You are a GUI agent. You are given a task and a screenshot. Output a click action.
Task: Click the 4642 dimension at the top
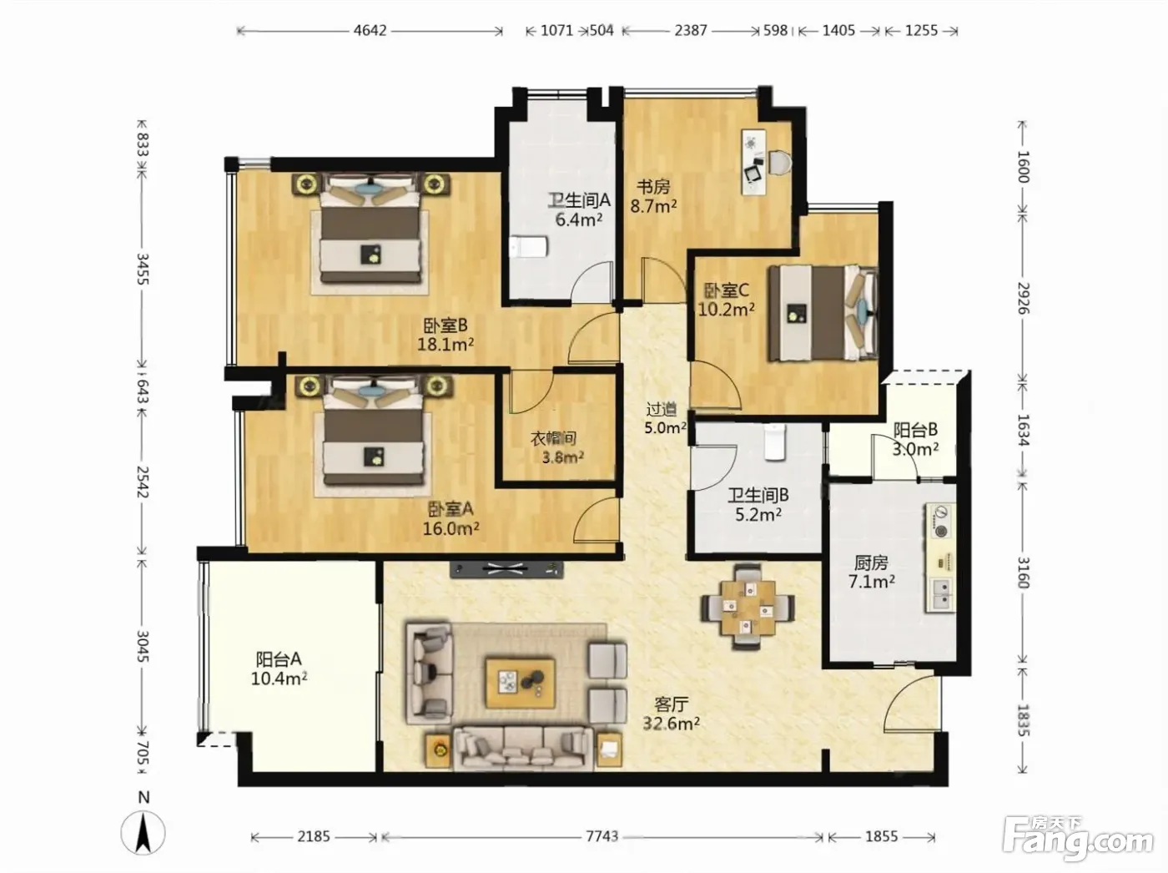[x=370, y=30]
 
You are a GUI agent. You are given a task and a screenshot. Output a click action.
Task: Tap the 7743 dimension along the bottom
[x=602, y=836]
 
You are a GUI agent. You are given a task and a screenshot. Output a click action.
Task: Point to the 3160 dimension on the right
[x=1024, y=573]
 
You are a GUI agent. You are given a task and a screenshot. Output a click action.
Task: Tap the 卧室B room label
[x=446, y=325]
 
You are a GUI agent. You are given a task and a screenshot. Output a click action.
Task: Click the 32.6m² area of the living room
[x=671, y=724]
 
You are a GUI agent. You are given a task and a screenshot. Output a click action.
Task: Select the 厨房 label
[x=871, y=563]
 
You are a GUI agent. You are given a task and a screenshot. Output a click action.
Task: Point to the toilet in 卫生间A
[x=528, y=248]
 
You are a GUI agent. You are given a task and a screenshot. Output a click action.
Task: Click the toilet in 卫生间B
[x=774, y=442]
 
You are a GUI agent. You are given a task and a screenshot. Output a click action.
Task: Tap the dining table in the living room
[x=748, y=607]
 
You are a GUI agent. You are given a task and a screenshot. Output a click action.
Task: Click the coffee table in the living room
[x=521, y=683]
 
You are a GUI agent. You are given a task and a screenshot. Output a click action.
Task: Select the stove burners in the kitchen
[x=940, y=522]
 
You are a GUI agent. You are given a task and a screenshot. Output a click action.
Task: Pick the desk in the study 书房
[x=754, y=163]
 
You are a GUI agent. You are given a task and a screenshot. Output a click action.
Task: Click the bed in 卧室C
[x=823, y=314]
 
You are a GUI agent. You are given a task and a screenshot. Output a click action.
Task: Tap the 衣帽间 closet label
[x=554, y=439]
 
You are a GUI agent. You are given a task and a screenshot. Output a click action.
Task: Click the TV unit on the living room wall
[x=506, y=569]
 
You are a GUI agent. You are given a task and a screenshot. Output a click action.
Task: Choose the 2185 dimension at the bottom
[x=314, y=836]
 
